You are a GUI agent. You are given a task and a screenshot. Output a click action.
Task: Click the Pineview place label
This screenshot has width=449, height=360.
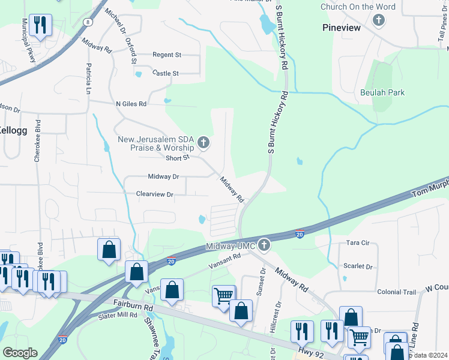click(x=341, y=28)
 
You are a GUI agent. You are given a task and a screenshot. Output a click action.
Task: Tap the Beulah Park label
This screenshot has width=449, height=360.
click(x=382, y=92)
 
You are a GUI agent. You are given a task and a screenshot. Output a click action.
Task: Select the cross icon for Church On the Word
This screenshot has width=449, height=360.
click(x=378, y=20)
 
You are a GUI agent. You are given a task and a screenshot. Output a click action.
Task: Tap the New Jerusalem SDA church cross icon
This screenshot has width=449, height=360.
click(x=203, y=142)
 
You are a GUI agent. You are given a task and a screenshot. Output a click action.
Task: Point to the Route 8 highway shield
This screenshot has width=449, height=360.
click(x=88, y=22)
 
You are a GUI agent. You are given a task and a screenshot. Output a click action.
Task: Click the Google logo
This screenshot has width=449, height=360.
click(x=19, y=352)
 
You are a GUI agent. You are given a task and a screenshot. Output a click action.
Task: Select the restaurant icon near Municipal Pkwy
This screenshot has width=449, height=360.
click(x=40, y=25)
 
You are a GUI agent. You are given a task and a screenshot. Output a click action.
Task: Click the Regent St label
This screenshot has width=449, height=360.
click(x=167, y=55)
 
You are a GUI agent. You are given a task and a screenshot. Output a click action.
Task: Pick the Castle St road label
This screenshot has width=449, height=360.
click(x=166, y=73)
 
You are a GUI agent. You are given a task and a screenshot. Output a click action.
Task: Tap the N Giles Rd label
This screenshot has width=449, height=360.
click(x=131, y=104)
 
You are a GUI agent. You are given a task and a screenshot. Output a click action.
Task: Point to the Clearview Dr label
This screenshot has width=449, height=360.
click(x=154, y=194)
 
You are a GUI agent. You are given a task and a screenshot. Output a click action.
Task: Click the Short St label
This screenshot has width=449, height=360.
click(x=178, y=157)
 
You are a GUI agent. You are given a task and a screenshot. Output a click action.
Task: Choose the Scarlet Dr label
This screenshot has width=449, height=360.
click(x=358, y=266)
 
